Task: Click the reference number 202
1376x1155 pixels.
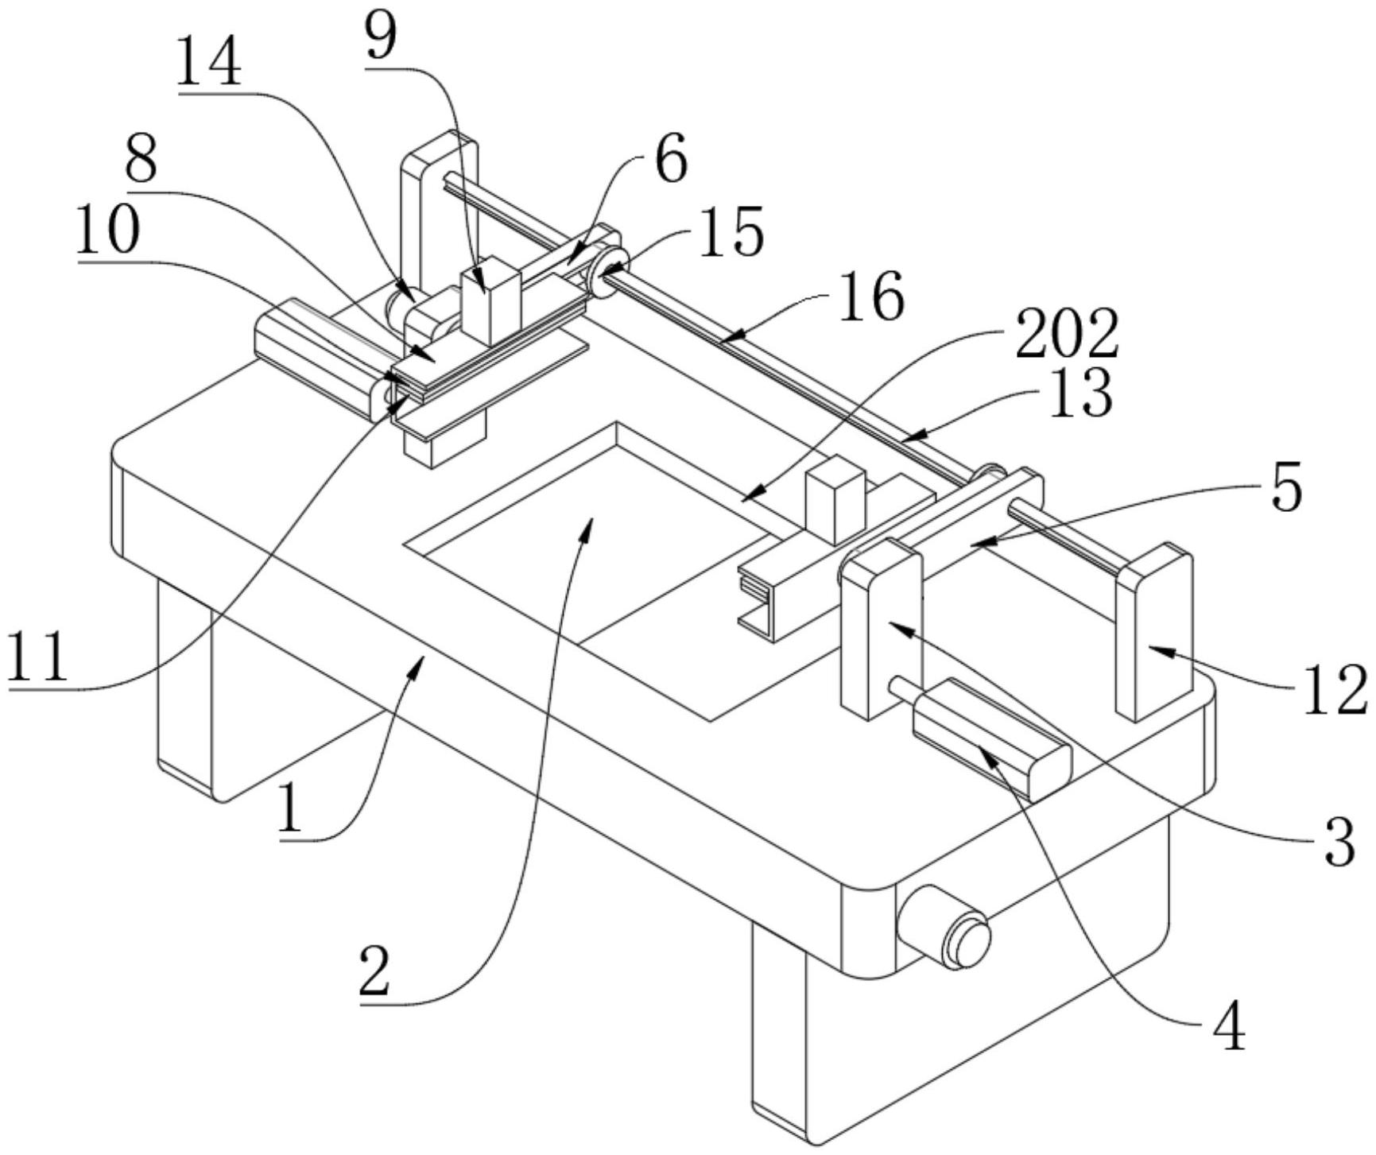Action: coord(1068,335)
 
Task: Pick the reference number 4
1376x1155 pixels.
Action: coord(1229,1029)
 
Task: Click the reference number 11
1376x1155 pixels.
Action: coord(37,658)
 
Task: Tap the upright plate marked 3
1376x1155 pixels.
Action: coord(881,628)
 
